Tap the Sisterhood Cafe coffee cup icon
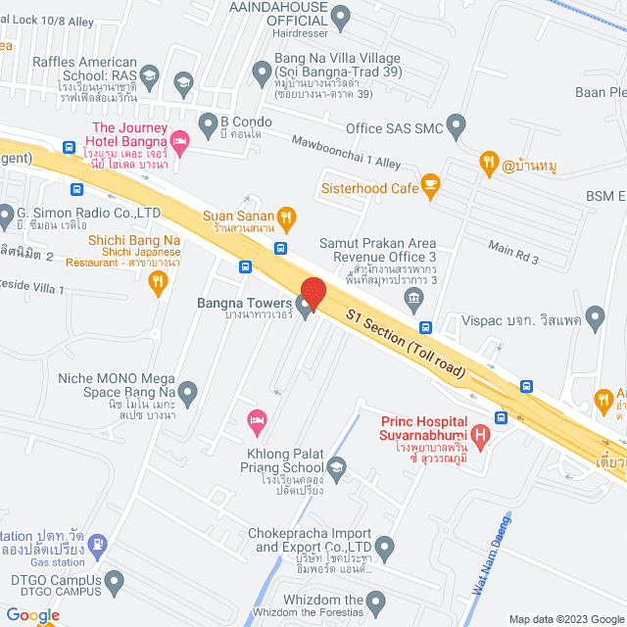point(429,183)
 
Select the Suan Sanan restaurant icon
point(285,217)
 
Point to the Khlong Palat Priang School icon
point(337,466)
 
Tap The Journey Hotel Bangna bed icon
point(179,143)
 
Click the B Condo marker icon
point(208,123)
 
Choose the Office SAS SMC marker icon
point(457,124)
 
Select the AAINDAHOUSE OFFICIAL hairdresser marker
point(341,16)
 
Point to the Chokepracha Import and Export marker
point(385,545)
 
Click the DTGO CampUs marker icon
point(116,584)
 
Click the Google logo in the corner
point(31,615)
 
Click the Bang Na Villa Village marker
point(262,72)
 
